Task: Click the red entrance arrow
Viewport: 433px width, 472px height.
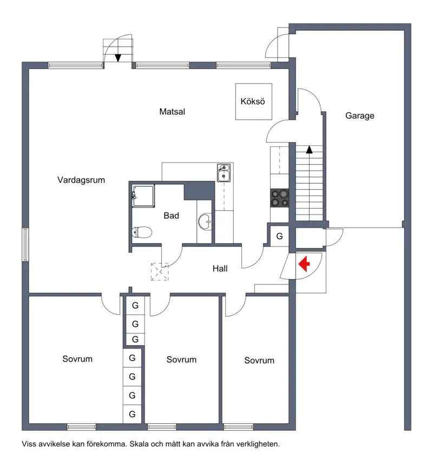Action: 304,264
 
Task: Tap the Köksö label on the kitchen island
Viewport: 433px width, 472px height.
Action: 253,101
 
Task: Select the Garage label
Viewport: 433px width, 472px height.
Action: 359,115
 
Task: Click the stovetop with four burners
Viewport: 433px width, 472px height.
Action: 280,198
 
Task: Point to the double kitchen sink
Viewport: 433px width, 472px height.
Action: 224,172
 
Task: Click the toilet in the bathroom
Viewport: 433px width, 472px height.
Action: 142,232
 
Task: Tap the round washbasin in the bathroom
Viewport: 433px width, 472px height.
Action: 205,222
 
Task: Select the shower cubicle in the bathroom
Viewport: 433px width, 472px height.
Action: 143,196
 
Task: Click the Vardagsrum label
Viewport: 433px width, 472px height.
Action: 81,180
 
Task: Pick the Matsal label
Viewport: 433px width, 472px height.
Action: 172,112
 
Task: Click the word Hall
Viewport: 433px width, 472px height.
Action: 220,268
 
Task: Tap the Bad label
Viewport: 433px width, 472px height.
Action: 172,216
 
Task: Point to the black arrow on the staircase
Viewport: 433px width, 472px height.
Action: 309,150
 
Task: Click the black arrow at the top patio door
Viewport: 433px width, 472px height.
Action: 118,58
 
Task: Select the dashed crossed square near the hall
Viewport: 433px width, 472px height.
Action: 160,272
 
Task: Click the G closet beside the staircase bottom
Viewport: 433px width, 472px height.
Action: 280,236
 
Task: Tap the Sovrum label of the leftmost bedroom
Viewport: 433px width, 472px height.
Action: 77,359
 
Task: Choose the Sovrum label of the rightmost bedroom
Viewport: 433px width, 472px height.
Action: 259,360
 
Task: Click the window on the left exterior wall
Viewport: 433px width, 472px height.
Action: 25,244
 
